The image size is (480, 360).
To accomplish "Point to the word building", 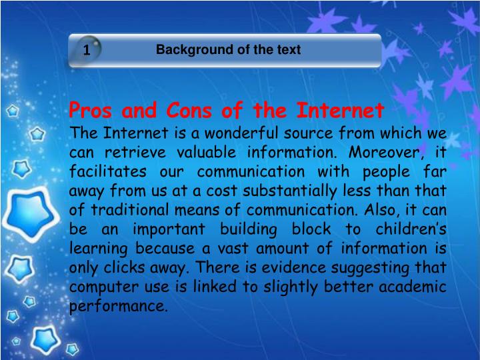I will tap(257, 229).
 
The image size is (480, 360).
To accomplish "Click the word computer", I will tap(101, 287).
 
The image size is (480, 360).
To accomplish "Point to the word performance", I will tap(117, 307).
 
